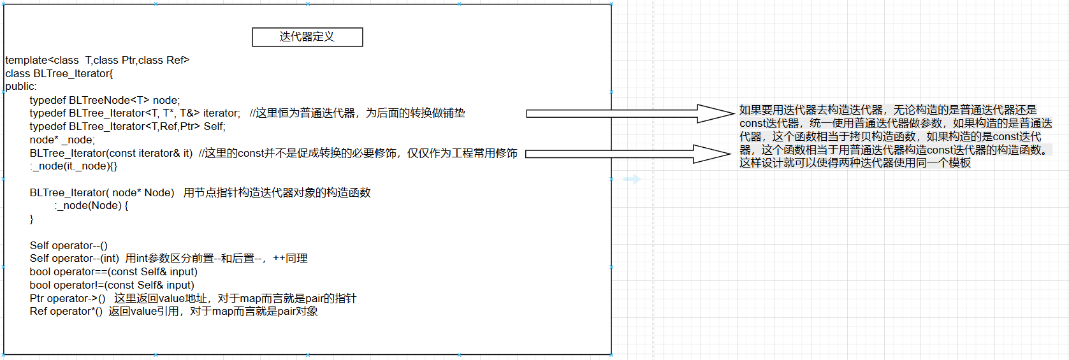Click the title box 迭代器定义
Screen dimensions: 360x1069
tap(307, 37)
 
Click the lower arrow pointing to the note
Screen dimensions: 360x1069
tap(627, 154)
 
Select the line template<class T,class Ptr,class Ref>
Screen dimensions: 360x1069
tap(97, 60)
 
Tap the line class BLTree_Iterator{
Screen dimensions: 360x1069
tap(59, 73)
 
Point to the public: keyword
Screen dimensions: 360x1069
tap(20, 87)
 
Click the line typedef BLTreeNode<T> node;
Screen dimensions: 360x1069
tap(105, 100)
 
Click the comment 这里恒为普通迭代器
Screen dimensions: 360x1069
tap(357, 113)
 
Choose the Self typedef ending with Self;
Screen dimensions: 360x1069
tap(127, 126)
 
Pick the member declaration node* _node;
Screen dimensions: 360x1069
tap(62, 140)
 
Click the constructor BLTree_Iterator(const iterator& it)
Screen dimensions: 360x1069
tap(111, 153)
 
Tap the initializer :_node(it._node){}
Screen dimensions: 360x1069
tap(73, 166)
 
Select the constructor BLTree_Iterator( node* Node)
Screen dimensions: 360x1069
tap(102, 192)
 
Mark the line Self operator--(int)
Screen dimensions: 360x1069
tap(74, 258)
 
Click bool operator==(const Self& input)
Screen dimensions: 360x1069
tap(113, 271)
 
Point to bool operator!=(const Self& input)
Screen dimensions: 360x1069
tap(112, 285)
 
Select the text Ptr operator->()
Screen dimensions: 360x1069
tap(68, 298)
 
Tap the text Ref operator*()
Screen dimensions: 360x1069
tap(66, 311)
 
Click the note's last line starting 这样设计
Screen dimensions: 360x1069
tap(854, 163)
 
